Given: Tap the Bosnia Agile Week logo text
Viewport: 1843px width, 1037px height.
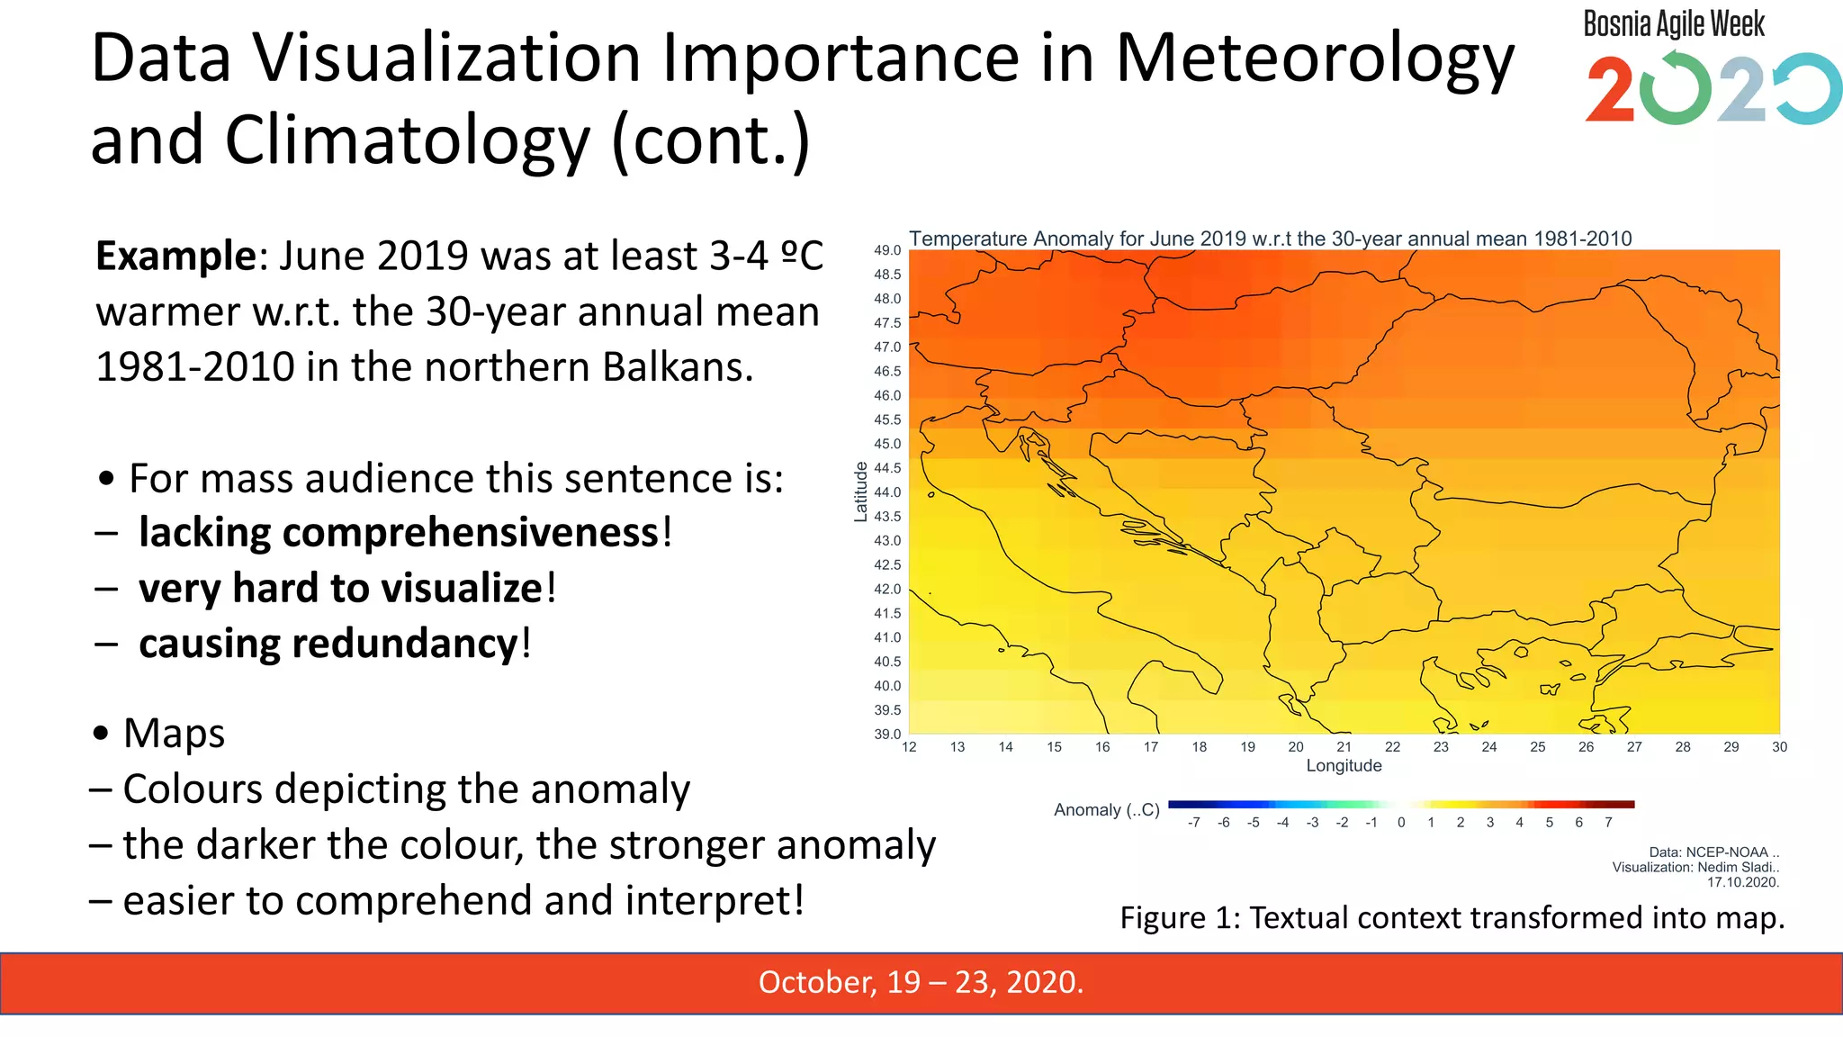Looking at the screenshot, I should click(1674, 24).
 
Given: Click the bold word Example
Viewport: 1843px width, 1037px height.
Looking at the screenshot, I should click(176, 257).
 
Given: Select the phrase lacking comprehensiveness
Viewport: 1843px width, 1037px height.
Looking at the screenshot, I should click(400, 533).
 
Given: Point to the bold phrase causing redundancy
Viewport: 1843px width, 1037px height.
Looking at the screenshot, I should click(328, 644).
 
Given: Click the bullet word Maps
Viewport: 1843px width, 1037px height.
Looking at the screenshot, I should click(174, 733).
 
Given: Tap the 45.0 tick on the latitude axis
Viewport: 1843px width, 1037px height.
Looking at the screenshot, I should click(886, 444).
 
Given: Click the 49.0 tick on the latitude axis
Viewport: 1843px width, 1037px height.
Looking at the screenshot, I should click(886, 250).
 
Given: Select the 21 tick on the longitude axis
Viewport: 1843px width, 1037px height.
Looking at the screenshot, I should click(1344, 747).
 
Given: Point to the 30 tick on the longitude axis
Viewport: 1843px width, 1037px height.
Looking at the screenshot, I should click(1779, 747).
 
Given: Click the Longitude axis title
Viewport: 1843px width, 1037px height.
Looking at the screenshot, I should click(1344, 766).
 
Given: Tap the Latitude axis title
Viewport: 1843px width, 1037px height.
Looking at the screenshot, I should click(860, 491).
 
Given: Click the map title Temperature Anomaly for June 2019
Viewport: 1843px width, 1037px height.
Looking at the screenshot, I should click(1269, 239).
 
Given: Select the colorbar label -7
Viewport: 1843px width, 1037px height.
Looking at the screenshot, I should click(1193, 823).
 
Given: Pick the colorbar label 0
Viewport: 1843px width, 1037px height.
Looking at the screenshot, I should click(1401, 823).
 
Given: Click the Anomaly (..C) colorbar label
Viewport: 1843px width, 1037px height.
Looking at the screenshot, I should click(1106, 810).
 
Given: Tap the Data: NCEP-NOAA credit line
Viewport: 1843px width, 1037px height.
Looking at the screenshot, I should click(1713, 852).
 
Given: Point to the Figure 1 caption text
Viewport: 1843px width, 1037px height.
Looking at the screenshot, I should click(1452, 918).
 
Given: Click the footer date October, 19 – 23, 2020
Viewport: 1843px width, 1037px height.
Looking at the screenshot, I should click(921, 982).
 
